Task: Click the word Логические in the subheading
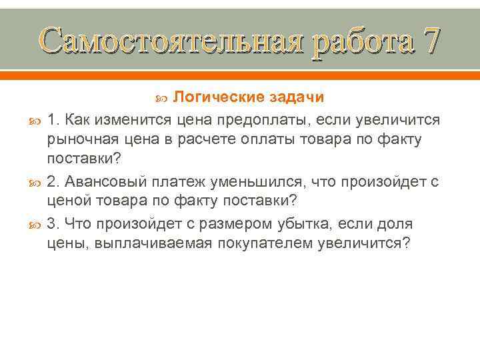click(x=218, y=98)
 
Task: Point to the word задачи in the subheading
click(x=297, y=98)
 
